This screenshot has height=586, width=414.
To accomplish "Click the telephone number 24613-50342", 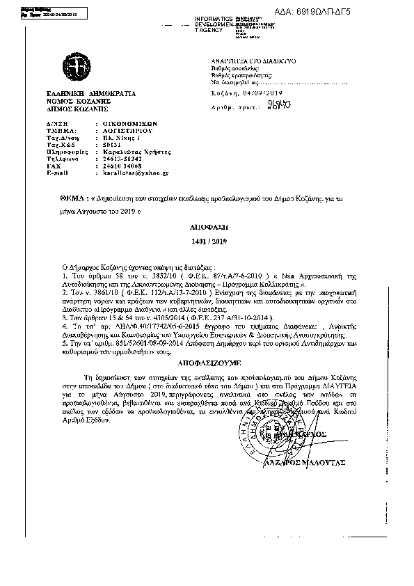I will click(109, 157).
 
